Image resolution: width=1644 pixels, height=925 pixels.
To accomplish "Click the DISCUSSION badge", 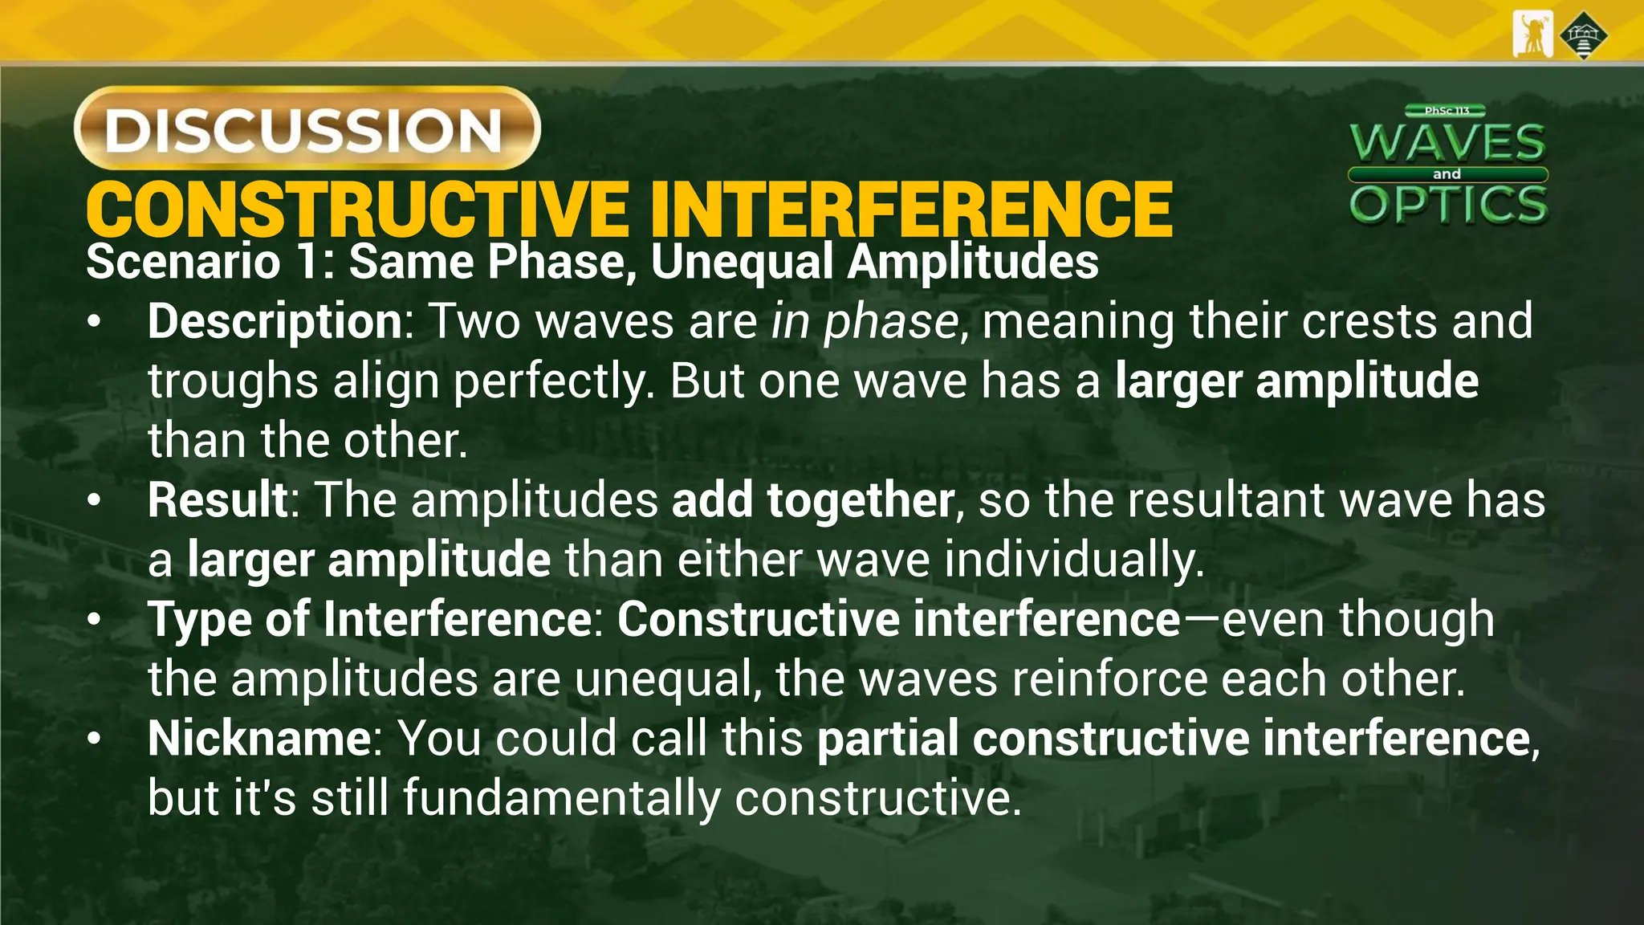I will pos(307,128).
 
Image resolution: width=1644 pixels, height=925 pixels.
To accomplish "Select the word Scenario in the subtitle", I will pos(183,263).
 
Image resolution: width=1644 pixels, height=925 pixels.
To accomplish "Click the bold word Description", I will pos(275,321).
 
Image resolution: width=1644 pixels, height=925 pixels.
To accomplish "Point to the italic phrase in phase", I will pos(865,322).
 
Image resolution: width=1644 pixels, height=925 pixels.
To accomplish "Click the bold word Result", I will pos(218,500).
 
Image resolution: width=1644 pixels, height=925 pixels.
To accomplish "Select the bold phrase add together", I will pos(812,500).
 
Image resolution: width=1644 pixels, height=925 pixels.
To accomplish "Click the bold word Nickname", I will pos(258,739).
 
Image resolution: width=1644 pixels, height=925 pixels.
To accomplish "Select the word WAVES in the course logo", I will pos(1447,143).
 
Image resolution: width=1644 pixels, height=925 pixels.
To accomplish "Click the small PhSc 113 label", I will pos(1447,111).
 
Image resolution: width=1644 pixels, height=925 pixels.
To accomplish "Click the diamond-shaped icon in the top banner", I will pos(1584,35).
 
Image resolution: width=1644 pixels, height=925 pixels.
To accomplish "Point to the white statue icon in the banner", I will pos(1532,35).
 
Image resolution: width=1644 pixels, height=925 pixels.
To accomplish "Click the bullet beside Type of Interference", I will pos(95,620).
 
